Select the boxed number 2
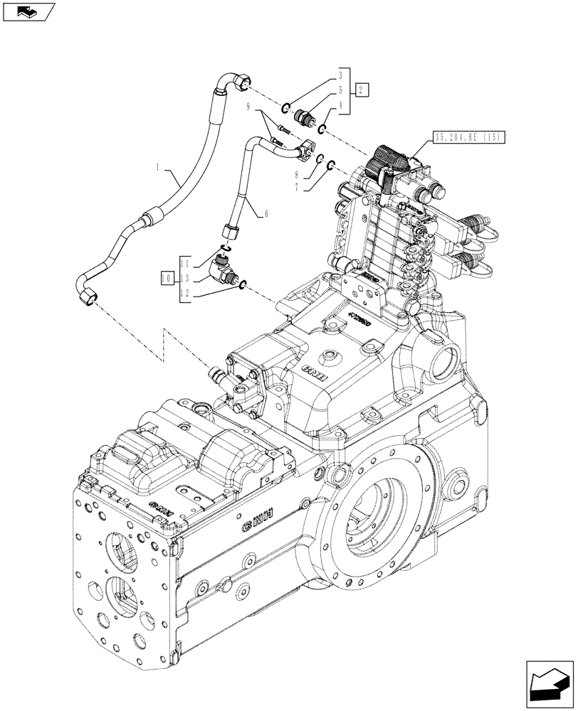(362, 90)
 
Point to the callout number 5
(341, 90)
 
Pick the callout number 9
(248, 107)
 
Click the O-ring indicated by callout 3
(284, 108)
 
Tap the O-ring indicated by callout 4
(322, 129)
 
